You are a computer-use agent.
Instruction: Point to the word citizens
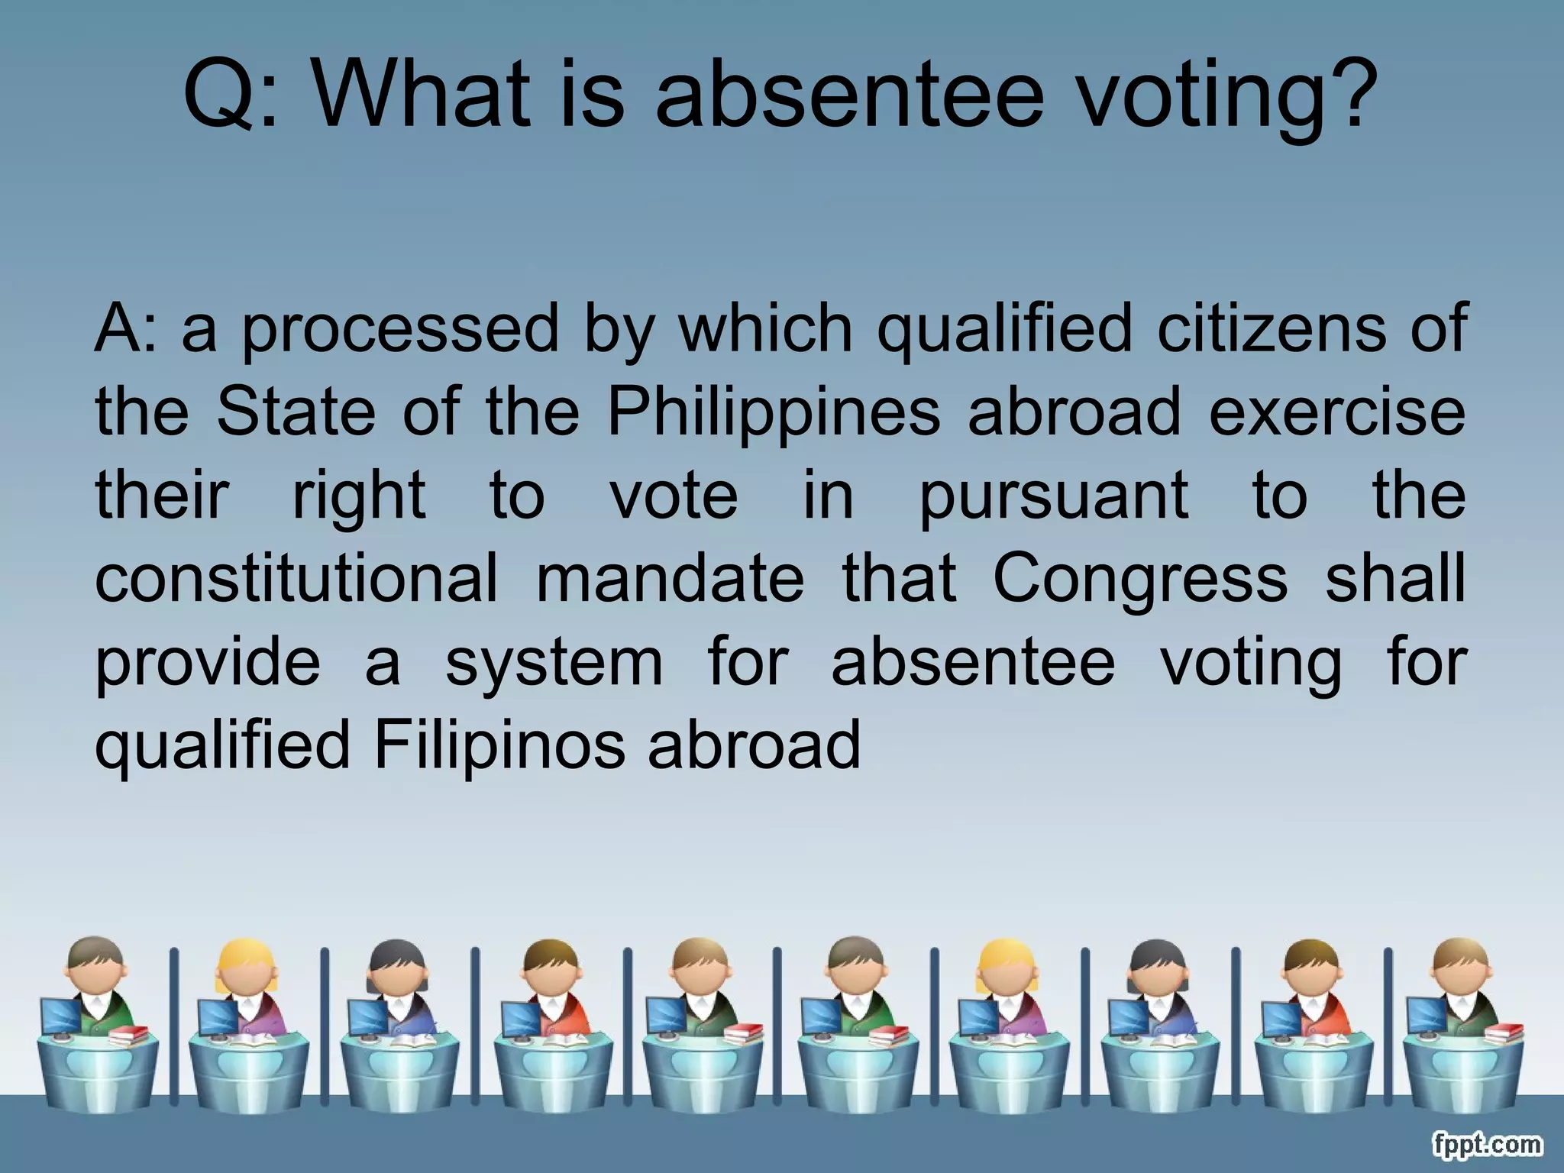coord(1271,328)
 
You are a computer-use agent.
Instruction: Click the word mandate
coord(670,578)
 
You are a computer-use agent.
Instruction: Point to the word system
coord(554,663)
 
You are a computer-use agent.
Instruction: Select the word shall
coord(1395,578)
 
